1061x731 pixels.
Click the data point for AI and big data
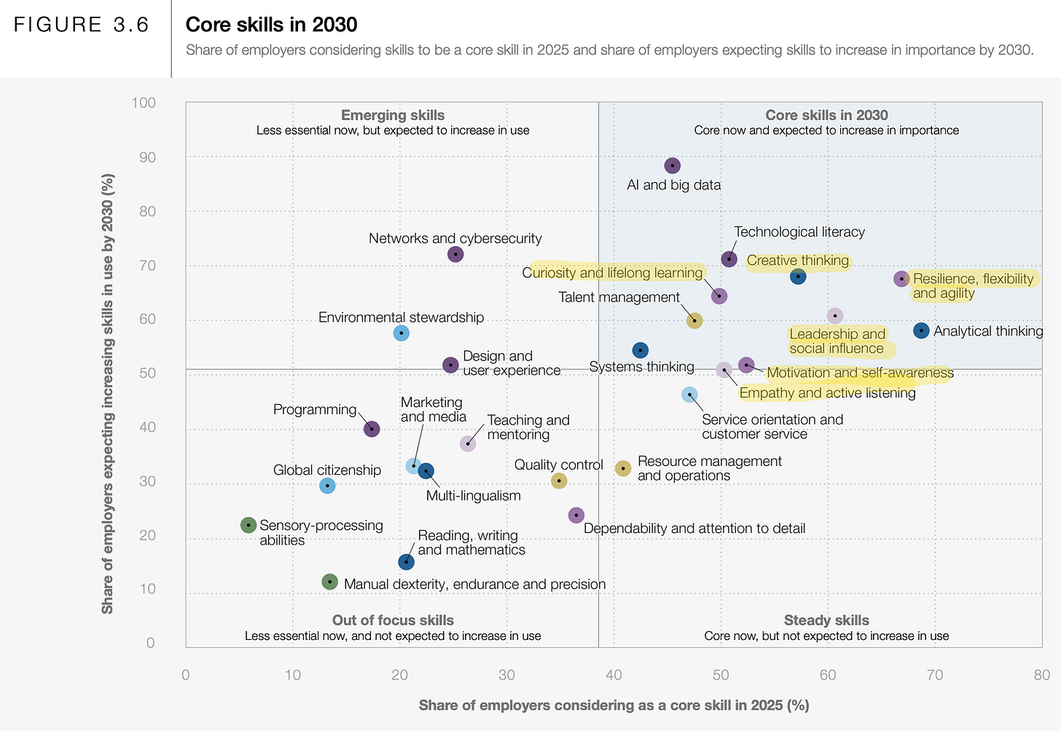pos(673,166)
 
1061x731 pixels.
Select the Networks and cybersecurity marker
pos(455,254)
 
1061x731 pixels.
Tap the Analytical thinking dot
pos(921,331)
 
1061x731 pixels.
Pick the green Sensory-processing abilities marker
pos(248,524)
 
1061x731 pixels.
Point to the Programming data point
pos(372,429)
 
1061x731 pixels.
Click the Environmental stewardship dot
pos(401,333)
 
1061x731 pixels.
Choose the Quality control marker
pos(559,481)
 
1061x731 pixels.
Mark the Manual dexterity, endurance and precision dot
pos(330,582)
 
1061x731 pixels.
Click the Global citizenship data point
pos(327,485)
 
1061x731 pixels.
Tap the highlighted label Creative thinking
pos(797,261)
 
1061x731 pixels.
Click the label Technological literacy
pos(799,232)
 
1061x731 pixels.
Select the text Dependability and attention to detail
pos(694,529)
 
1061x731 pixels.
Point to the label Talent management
pos(619,297)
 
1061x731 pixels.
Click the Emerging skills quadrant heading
pos(393,115)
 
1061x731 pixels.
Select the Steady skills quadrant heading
pos(826,620)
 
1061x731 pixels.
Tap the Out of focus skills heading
pos(393,620)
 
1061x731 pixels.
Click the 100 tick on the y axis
pos(144,103)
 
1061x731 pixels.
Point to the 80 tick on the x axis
pos(1041,675)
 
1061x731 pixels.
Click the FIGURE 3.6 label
pos(82,25)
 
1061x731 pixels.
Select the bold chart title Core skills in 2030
pos(271,25)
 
